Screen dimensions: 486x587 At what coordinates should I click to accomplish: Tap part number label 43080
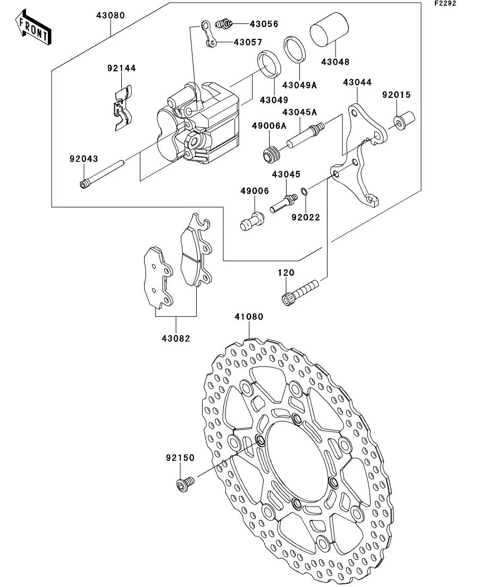111,15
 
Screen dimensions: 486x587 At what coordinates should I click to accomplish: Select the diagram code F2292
445,3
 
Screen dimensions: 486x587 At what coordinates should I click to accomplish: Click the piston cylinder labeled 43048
329,30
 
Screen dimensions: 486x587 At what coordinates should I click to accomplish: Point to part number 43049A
299,85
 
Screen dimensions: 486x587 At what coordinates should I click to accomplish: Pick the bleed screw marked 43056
224,24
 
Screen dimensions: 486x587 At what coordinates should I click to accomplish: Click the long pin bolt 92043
102,175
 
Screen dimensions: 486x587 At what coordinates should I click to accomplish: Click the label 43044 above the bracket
357,82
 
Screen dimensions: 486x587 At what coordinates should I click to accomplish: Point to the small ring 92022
304,193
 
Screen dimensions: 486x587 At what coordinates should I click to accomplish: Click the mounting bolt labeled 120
300,292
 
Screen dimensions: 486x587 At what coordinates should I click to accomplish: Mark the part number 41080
249,317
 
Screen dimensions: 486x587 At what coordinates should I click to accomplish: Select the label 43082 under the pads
176,338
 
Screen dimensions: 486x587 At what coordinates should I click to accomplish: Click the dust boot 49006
252,221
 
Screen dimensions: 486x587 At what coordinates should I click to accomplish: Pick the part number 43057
248,42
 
